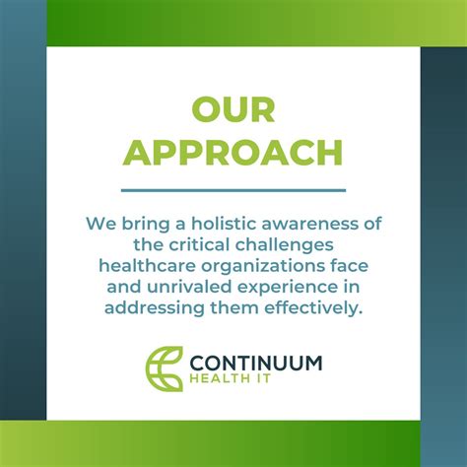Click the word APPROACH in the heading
point(233,153)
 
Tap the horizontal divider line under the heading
point(233,189)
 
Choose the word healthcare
point(146,266)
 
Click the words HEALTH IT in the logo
point(220,382)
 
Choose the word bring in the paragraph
point(135,223)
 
